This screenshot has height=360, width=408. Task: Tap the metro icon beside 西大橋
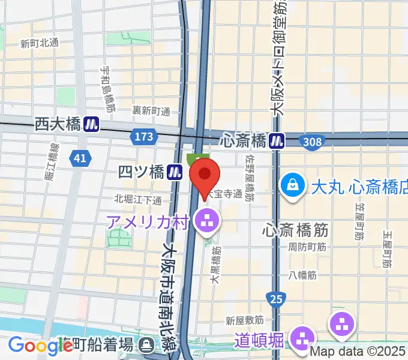[91, 124]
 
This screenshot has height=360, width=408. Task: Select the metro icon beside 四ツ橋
[175, 172]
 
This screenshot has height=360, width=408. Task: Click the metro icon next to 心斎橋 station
[277, 140]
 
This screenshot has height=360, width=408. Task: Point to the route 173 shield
[143, 137]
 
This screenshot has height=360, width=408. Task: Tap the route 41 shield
[79, 158]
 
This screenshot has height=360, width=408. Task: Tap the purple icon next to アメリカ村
[208, 222]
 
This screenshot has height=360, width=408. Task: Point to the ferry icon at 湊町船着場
[145, 345]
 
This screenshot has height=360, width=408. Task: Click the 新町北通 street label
[40, 43]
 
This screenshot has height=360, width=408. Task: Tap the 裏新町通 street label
[151, 111]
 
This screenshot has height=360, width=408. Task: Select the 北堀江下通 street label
[138, 200]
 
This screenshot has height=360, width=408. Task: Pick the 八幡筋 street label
[302, 275]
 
